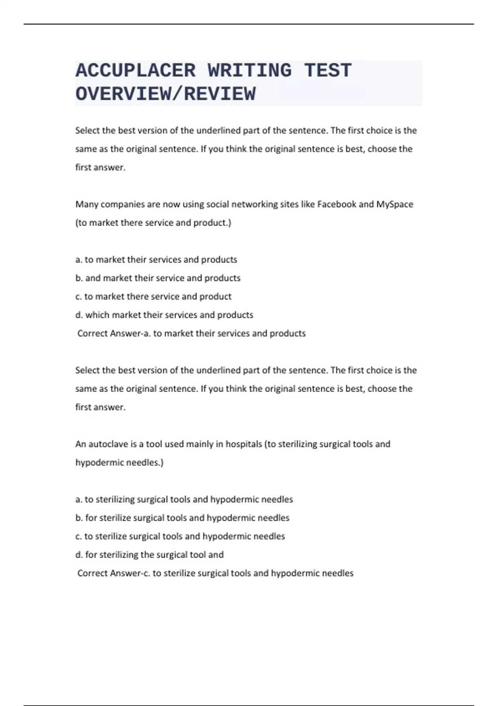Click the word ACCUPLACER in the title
pyautogui.click(x=135, y=71)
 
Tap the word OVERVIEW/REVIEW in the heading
pyautogui.click(x=166, y=94)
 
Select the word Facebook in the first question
pyautogui.click(x=337, y=204)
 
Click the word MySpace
pyautogui.click(x=394, y=204)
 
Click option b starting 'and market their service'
pyautogui.click(x=158, y=278)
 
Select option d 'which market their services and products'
pyautogui.click(x=164, y=315)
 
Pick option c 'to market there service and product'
pyautogui.click(x=153, y=297)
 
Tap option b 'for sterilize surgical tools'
pyautogui.click(x=182, y=518)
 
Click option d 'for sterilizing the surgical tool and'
pyautogui.click(x=149, y=555)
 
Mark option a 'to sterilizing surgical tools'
pyautogui.click(x=184, y=499)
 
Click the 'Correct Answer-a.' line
pyautogui.click(x=191, y=333)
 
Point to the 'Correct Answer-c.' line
pyautogui.click(x=215, y=573)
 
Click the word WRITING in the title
pyautogui.click(x=250, y=71)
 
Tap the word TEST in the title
pyautogui.click(x=328, y=71)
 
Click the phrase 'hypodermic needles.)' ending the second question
pyautogui.click(x=119, y=463)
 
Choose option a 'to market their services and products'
pyautogui.click(x=156, y=260)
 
